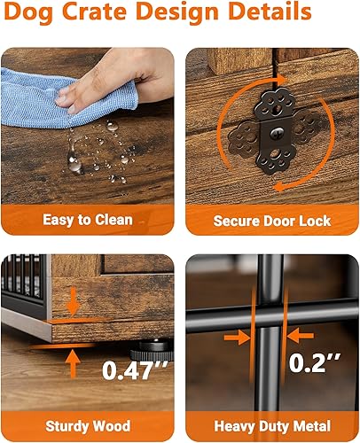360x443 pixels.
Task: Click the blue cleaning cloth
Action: pyautogui.click(x=53, y=89)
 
